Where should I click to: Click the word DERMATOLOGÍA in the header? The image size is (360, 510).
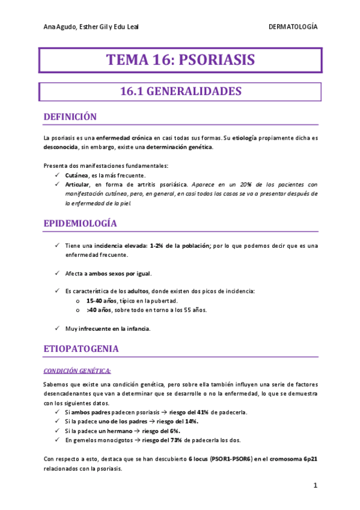pos(293,28)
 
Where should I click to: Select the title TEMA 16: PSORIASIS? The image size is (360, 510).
pos(180,60)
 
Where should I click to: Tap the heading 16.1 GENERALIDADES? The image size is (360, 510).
pos(180,91)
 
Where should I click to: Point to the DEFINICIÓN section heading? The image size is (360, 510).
pos(70,117)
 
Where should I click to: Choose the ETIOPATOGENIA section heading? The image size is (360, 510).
pos(81,349)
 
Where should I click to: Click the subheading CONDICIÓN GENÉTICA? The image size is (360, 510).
pos(78,369)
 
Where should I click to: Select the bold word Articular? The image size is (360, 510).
pos(78,184)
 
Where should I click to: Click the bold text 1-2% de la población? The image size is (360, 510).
pos(179,245)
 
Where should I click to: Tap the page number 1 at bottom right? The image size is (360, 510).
pos(315,485)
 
